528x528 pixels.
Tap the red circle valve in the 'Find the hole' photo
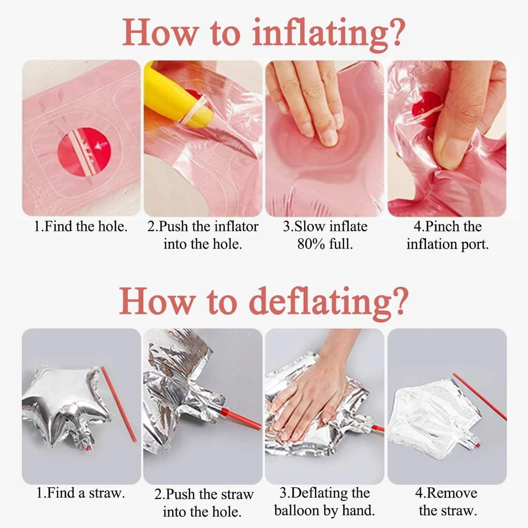[x=85, y=152]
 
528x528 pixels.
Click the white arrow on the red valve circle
[x=102, y=145]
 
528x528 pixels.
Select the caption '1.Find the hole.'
[x=81, y=226]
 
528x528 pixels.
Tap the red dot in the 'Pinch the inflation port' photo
[x=426, y=108]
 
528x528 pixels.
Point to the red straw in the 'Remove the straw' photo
[x=480, y=397]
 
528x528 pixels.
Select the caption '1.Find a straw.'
[x=81, y=493]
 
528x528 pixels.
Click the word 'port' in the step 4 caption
[x=475, y=244]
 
